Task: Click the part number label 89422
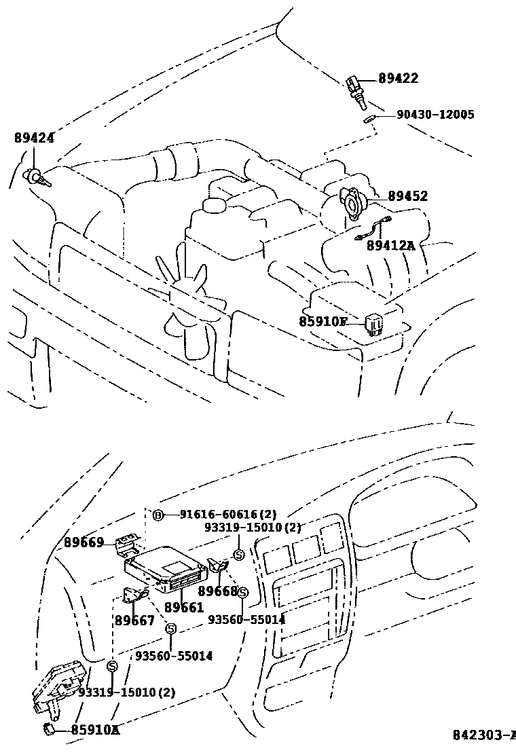coord(398,79)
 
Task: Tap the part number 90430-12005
coord(435,115)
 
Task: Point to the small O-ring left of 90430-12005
coord(368,119)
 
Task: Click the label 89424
coord(34,138)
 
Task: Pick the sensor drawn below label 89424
coord(36,178)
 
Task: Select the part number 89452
coord(407,196)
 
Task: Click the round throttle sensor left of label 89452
coord(352,201)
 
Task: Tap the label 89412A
coord(390,245)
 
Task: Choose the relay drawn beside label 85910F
coord(375,322)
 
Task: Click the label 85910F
coord(323,321)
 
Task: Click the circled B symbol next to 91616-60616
coord(158,515)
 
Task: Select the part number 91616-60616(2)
coord(228,515)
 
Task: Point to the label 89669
coord(84,542)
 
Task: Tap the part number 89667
coord(134,621)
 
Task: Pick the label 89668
coord(218,591)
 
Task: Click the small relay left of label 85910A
coord(49,730)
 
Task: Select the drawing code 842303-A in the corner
coord(484,735)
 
